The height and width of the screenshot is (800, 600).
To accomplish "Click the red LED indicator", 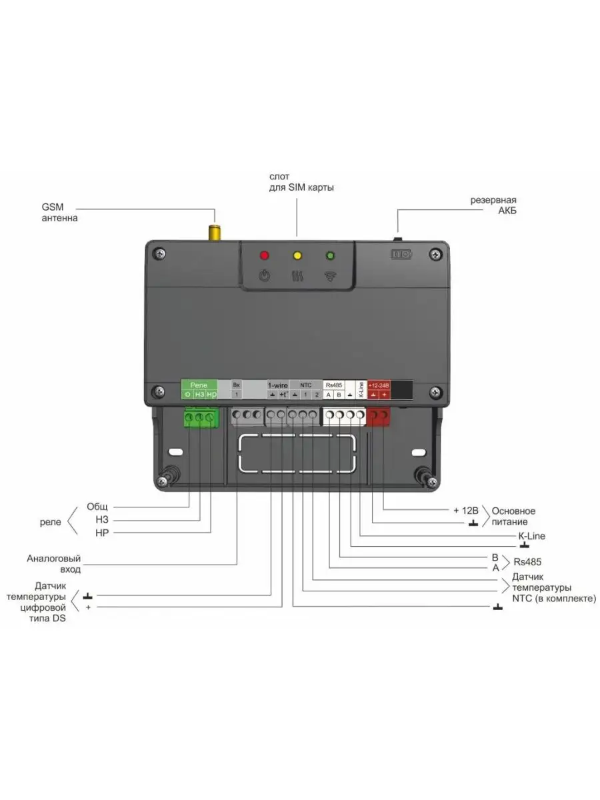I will click(265, 255).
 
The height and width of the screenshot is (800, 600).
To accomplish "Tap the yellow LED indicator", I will click(297, 255).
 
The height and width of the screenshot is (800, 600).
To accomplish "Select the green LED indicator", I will click(329, 255).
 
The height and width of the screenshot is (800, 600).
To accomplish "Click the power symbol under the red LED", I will click(265, 276).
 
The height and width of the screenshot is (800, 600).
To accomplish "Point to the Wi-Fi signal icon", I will click(329, 277).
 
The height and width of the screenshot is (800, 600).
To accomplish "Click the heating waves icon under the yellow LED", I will click(297, 276).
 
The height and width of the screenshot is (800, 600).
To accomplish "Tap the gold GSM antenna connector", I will click(215, 233).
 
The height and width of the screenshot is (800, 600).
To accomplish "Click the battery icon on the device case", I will click(401, 255).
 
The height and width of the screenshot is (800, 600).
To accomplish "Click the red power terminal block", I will click(379, 417).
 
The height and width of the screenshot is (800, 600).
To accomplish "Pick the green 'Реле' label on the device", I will click(199, 385).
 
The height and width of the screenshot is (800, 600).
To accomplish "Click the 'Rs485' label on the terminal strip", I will click(333, 385).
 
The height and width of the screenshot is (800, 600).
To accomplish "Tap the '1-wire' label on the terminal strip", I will click(277, 385).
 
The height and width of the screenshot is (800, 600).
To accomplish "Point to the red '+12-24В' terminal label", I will click(378, 385).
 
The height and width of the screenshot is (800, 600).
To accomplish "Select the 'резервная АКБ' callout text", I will click(493, 205).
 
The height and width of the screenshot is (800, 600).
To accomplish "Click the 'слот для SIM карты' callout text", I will click(297, 182).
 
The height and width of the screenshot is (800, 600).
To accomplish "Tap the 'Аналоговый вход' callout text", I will click(54, 564).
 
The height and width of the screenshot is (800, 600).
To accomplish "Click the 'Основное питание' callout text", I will click(513, 516).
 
